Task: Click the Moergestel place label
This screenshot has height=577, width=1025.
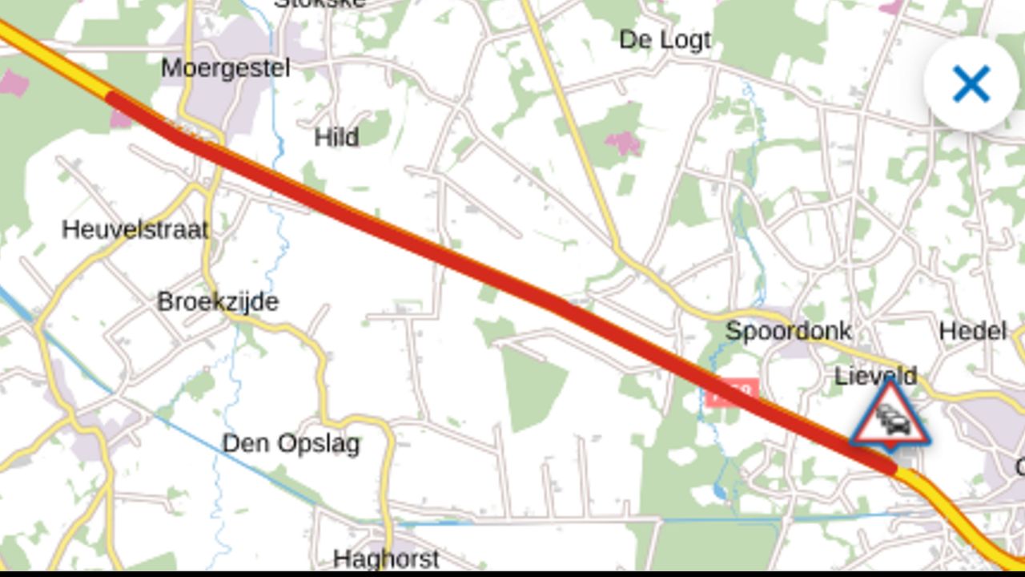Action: tap(225, 68)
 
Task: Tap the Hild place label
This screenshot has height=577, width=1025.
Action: tap(336, 137)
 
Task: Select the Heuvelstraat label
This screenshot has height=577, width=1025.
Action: tap(135, 230)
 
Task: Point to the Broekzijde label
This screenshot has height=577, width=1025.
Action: tap(218, 302)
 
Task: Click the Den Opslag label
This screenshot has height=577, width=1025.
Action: tap(291, 443)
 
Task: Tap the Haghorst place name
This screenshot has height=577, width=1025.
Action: tap(385, 559)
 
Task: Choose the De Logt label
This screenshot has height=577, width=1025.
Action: tap(665, 39)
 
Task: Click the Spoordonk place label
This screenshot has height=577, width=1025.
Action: tap(788, 330)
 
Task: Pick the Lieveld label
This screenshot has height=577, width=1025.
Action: tap(875, 375)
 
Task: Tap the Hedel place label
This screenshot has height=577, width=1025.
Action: tap(972, 330)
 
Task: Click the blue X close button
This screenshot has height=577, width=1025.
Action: tap(971, 83)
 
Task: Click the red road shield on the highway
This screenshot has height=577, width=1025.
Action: tap(732, 392)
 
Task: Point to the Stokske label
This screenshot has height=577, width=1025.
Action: tap(320, 3)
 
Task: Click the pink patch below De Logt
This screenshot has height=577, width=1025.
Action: tap(622, 143)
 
